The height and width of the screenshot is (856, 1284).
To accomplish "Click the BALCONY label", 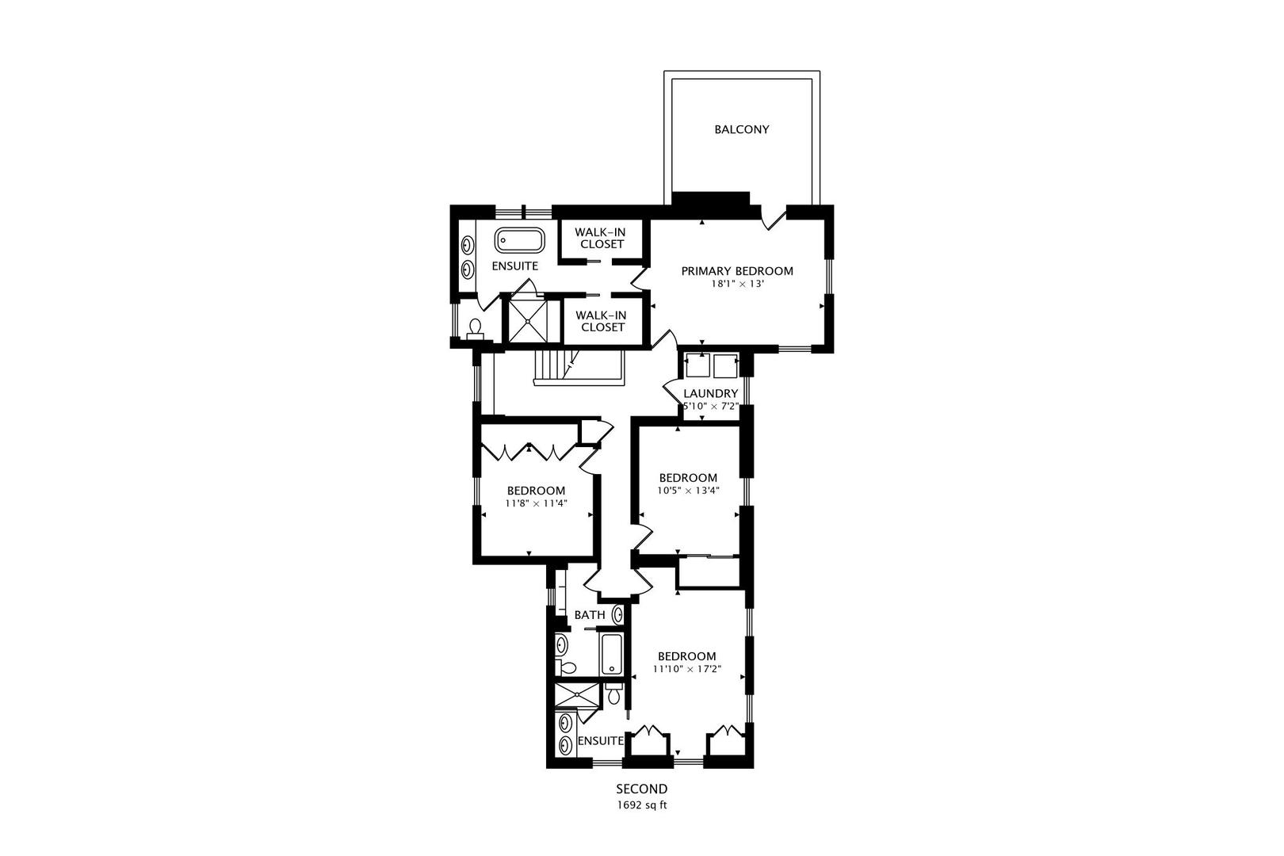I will tap(741, 129).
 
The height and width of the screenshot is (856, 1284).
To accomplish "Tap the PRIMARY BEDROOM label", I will tap(737, 271).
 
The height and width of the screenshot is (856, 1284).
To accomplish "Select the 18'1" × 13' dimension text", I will tap(737, 283).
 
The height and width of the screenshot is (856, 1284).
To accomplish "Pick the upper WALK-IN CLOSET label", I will tap(601, 238).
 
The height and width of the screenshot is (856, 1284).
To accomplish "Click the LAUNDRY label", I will tap(711, 394).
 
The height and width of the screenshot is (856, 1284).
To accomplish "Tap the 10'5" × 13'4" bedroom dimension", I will tap(688, 490).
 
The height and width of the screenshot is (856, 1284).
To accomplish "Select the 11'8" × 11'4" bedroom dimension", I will tap(536, 503).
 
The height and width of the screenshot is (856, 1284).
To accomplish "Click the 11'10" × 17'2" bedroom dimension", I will tap(687, 668).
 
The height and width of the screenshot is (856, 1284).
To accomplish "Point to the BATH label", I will tap(590, 615).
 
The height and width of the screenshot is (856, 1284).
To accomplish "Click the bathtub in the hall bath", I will tap(611, 654).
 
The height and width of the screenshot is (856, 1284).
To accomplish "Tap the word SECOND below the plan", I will tap(642, 789).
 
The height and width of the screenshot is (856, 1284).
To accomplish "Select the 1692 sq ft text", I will tap(642, 805).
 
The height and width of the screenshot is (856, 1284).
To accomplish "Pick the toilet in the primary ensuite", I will tap(476, 328).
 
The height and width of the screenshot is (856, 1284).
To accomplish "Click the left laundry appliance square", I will tap(697, 367).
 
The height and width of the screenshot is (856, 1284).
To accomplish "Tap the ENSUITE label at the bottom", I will tap(600, 741).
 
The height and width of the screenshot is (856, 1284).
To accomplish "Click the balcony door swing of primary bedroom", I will tap(771, 219).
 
